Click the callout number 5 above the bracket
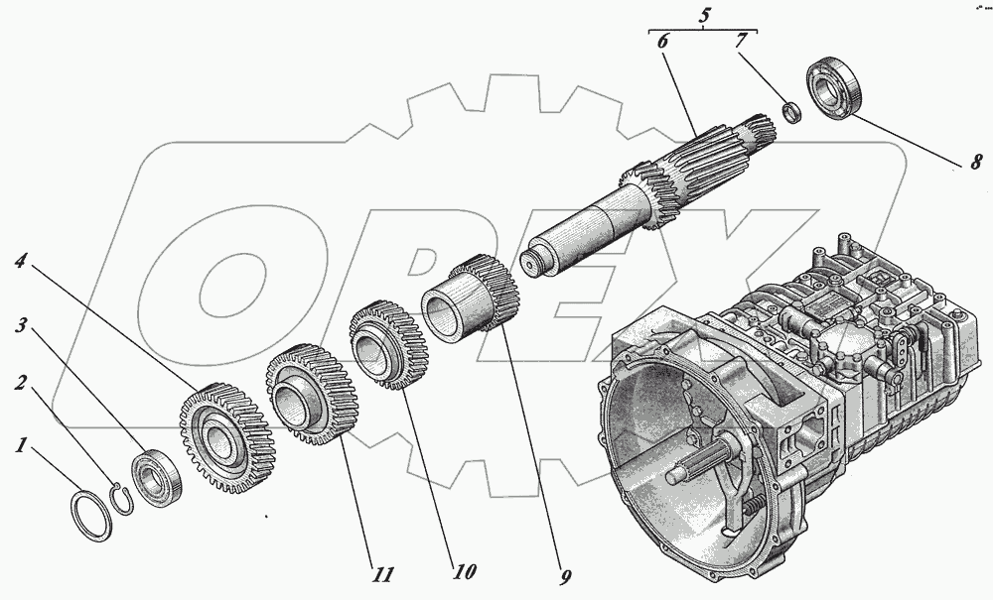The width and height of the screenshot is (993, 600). (703, 15)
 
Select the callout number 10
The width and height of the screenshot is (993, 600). (463, 572)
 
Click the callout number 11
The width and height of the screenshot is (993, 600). (383, 573)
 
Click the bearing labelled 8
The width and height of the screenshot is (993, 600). (836, 89)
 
